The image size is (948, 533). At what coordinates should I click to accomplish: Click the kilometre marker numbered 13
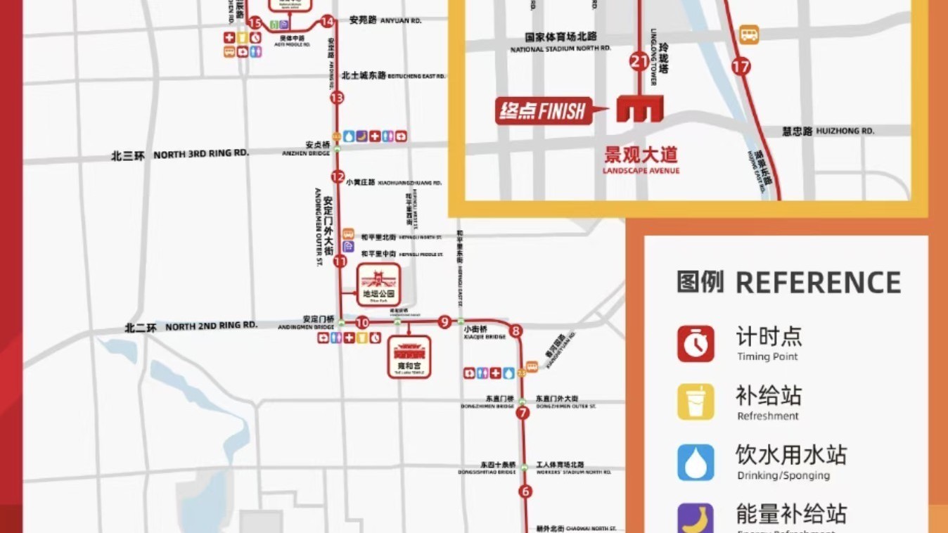(x=337, y=98)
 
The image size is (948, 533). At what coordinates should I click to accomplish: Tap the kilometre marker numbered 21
(x=639, y=62)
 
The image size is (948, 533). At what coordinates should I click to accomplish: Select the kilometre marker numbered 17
(x=741, y=67)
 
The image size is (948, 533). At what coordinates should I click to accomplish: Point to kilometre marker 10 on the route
(x=362, y=323)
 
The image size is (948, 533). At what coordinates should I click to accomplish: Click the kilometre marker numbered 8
(x=516, y=330)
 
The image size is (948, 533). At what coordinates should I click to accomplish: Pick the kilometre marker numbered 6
(x=525, y=492)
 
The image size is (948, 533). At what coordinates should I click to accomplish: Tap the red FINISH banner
(x=543, y=110)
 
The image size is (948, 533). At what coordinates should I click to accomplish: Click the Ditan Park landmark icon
(x=378, y=285)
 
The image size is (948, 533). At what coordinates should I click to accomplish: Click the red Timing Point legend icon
(x=696, y=344)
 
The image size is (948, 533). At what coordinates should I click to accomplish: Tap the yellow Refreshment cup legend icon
(x=696, y=402)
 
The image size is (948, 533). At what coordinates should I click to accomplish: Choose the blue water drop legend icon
(x=696, y=462)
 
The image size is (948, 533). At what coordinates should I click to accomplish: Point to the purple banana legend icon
(x=696, y=518)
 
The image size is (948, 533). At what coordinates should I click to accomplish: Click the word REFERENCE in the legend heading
(x=818, y=282)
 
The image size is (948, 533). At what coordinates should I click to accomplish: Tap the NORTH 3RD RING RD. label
(x=201, y=153)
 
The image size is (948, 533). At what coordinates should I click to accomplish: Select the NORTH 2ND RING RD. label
(x=211, y=326)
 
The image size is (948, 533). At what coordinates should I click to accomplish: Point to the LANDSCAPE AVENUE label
(x=641, y=170)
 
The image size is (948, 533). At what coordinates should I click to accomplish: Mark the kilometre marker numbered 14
(x=327, y=21)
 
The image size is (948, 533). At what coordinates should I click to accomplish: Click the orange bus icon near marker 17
(x=749, y=34)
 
